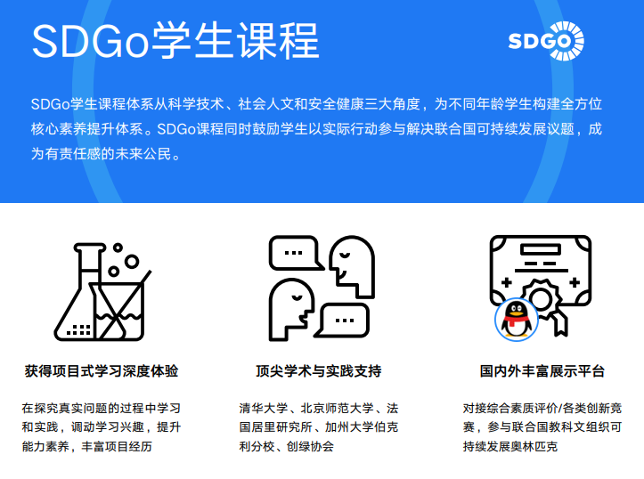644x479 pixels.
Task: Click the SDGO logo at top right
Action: pos(546,41)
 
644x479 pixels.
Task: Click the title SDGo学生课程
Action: pos(175,41)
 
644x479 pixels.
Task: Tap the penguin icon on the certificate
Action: pos(517,320)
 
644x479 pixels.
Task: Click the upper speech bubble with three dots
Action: pos(296,253)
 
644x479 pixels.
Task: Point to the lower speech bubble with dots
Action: pos(343,321)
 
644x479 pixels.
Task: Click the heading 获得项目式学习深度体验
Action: pos(102,371)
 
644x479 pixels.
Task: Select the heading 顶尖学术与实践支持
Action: pos(319,371)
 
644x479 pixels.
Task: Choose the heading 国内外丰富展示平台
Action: pos(542,371)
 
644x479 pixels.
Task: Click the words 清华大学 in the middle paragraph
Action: pos(264,409)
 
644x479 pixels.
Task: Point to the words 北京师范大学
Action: pos(338,409)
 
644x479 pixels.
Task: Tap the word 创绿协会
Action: pos(310,446)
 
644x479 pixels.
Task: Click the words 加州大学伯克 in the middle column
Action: pos(362,427)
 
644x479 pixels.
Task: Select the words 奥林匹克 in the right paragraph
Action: pos(534,446)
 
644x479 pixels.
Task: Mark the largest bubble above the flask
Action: pos(132,261)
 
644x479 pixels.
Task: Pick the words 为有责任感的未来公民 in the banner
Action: pos(101,154)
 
